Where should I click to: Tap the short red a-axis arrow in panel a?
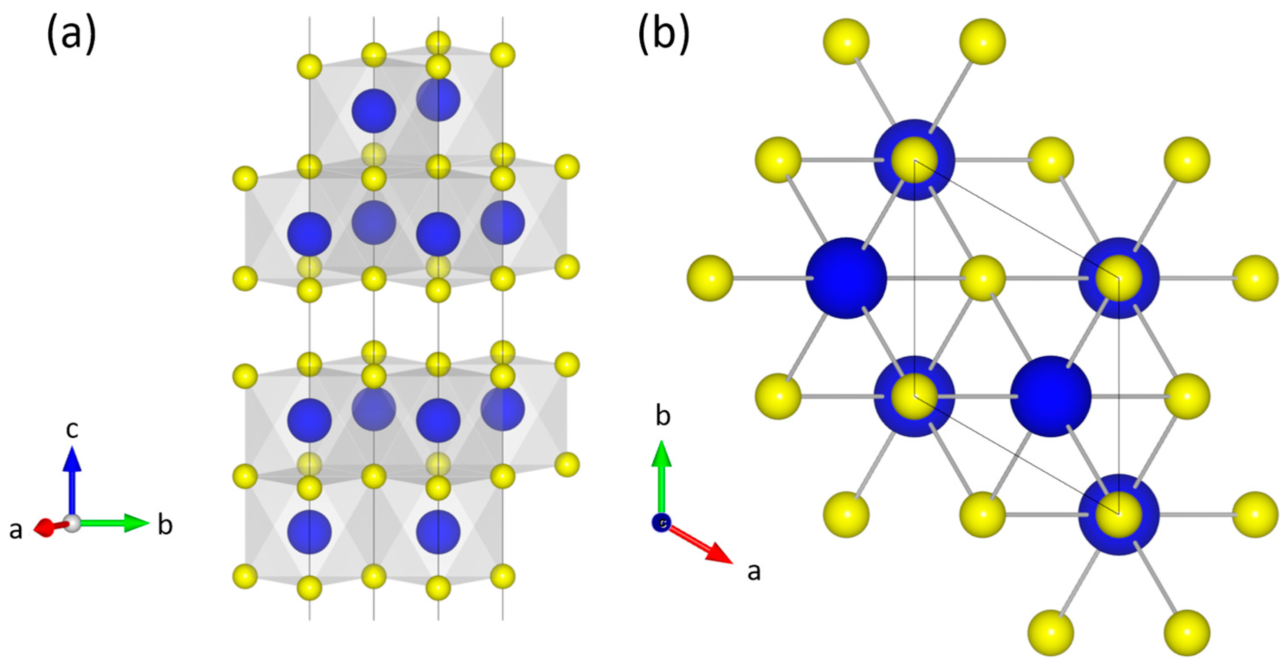tap(47, 526)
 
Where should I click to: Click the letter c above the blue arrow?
tap(72, 429)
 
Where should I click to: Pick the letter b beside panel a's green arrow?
tap(165, 526)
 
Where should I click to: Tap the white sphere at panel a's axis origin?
tap(73, 524)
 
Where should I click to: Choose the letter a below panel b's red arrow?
tap(754, 571)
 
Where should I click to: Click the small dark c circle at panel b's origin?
tap(661, 522)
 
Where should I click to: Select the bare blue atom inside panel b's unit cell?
tap(1050, 396)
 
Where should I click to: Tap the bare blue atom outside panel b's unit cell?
tap(847, 278)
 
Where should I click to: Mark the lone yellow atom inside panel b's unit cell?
tap(982, 278)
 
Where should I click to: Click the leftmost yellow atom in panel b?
tap(710, 278)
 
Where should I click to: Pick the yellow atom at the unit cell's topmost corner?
tap(915, 160)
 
